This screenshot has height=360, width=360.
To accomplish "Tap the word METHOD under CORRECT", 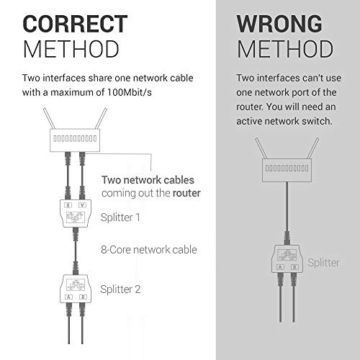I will tap(71, 49).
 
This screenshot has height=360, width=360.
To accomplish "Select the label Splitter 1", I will tap(122, 216).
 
